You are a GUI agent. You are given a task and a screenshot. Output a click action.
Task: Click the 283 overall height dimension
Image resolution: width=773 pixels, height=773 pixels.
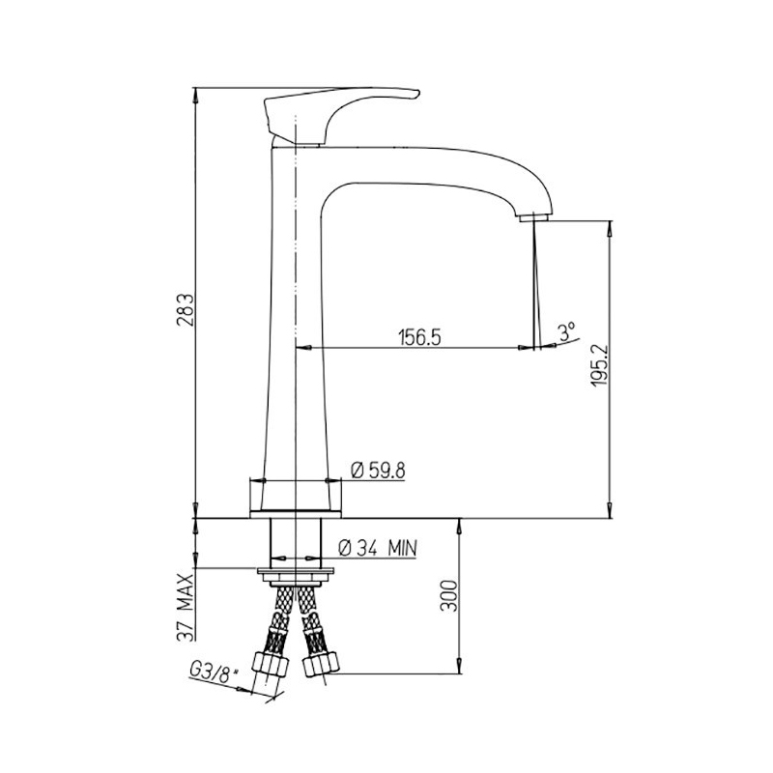[186, 311]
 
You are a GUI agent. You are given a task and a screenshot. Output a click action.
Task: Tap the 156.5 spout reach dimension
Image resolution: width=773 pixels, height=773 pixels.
[419, 337]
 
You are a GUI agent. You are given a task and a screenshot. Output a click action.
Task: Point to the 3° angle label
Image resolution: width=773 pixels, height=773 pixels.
[566, 332]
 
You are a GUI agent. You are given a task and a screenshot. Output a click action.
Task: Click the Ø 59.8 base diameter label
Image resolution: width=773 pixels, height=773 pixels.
[378, 471]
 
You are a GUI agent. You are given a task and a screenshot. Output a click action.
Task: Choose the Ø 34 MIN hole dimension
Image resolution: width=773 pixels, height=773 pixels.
[378, 548]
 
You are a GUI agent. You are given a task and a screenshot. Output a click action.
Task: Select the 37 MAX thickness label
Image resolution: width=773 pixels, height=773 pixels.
[186, 607]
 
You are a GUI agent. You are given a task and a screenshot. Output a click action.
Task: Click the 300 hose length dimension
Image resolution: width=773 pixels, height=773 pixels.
[448, 595]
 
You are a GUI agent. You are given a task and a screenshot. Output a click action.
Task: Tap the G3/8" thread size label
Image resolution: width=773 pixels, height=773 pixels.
[214, 671]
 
